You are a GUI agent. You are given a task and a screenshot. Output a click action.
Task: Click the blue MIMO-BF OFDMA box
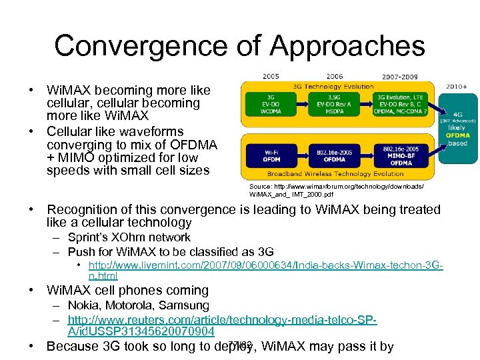401,155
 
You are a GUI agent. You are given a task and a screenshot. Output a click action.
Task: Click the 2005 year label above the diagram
271,76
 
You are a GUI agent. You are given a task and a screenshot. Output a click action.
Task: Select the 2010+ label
456,85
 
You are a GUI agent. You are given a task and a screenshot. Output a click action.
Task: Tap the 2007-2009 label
399,76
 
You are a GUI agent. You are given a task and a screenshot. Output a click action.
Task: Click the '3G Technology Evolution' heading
334,86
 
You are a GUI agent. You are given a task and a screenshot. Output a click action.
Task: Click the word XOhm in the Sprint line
139,237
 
